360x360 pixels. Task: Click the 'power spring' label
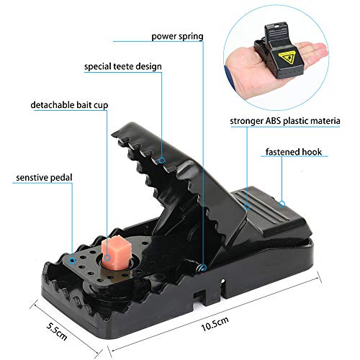pos(177,37)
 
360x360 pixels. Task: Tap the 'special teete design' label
pos(123,66)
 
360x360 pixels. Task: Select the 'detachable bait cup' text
pos(69,105)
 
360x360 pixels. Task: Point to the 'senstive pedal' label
pos(44,178)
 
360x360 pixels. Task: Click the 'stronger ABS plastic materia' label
pos(285,121)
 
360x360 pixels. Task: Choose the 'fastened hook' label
pos(294,152)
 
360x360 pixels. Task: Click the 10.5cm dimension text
pos(215,324)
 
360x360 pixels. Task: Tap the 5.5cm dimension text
pos(57,331)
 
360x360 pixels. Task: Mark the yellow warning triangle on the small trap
pos(288,58)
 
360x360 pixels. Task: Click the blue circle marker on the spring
pos(203,268)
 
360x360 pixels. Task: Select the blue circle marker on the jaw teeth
pos(162,160)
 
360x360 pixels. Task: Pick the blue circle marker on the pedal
pos(72,261)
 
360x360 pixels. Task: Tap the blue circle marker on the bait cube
pos(107,258)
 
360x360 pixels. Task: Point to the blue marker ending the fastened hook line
pos(282,204)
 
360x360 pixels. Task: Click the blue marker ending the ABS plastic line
pos(247,207)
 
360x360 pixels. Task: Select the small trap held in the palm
pos(279,51)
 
